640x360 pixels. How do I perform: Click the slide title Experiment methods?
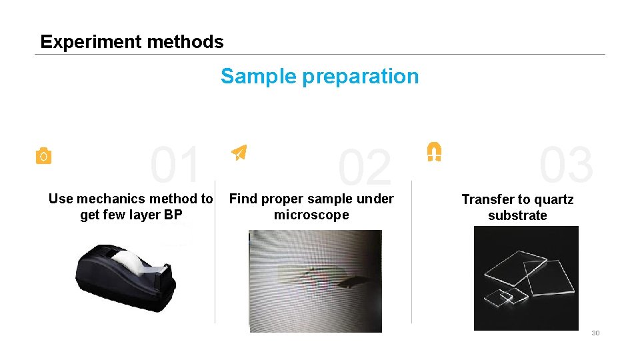pyautogui.click(x=132, y=42)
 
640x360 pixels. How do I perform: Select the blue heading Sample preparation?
pyautogui.click(x=319, y=77)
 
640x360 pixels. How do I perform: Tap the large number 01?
pyautogui.click(x=175, y=165)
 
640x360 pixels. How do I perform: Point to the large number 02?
pyautogui.click(x=364, y=168)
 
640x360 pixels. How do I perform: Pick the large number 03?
pyautogui.click(x=566, y=165)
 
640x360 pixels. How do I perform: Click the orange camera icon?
pyautogui.click(x=43, y=156)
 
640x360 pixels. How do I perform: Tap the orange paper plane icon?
pyautogui.click(x=239, y=153)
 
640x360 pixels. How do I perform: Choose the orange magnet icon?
pyautogui.click(x=434, y=151)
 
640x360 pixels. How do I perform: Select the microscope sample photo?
pyautogui.click(x=315, y=281)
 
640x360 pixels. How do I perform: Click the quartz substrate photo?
pyautogui.click(x=526, y=278)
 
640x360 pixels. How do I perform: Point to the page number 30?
pyautogui.click(x=595, y=333)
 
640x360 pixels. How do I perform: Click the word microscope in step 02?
pyautogui.click(x=311, y=215)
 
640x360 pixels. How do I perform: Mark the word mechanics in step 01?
pyautogui.click(x=111, y=199)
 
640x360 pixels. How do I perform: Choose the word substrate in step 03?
pyautogui.click(x=517, y=215)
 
